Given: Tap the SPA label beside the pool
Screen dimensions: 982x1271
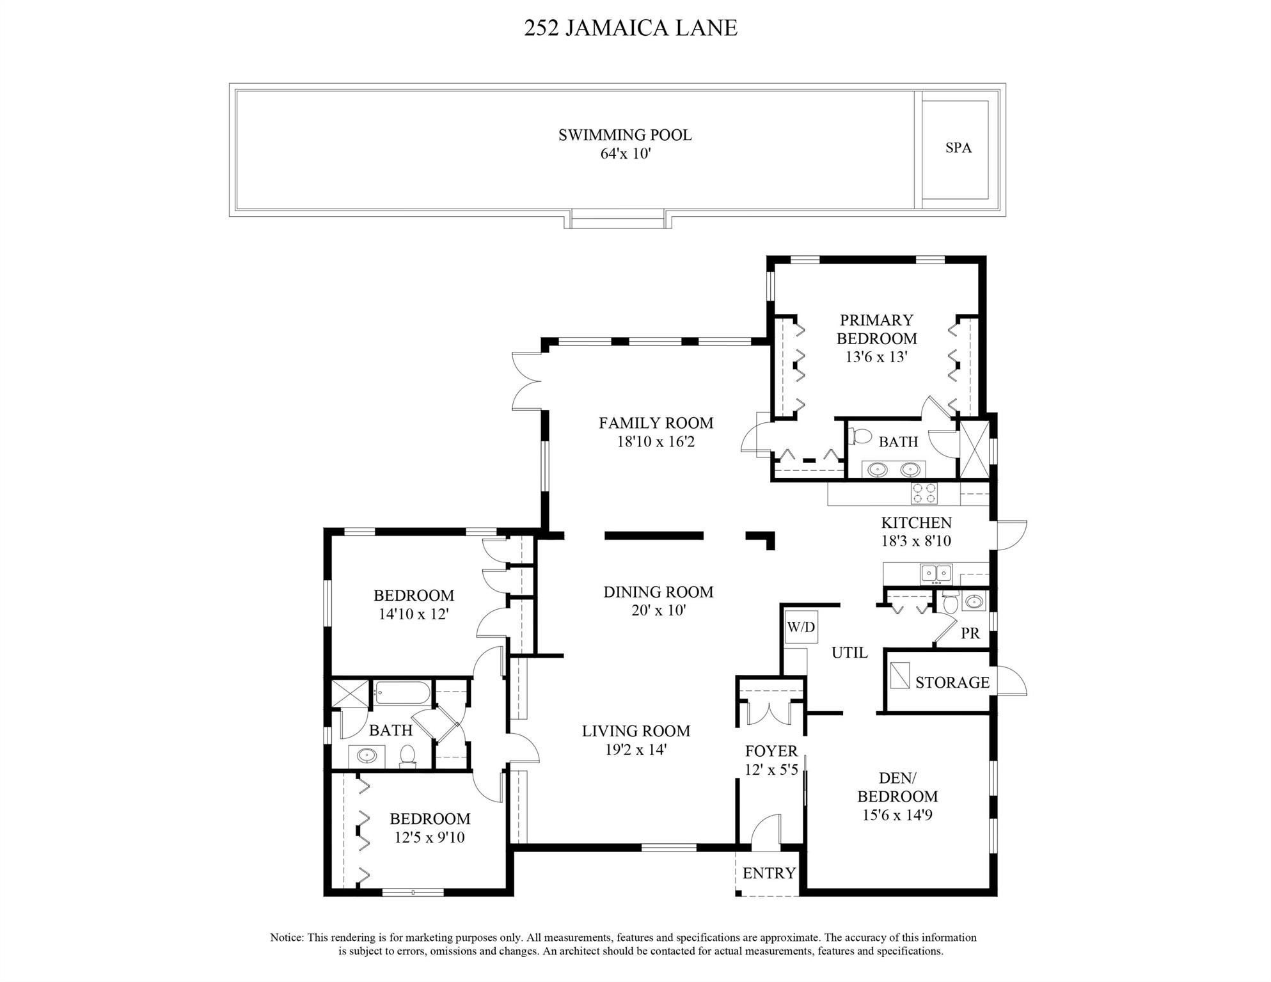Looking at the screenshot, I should [x=958, y=148].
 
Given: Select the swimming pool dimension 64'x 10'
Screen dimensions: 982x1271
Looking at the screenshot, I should [x=625, y=154].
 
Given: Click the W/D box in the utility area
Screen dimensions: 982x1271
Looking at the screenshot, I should [x=801, y=627].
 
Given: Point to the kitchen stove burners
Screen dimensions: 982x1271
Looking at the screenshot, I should [x=924, y=493].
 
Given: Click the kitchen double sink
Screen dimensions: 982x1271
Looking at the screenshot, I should [x=936, y=573].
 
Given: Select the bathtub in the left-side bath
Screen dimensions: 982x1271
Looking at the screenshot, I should [x=402, y=692].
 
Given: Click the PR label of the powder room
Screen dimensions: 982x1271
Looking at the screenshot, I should [x=970, y=633].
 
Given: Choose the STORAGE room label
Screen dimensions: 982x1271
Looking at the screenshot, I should [x=952, y=683].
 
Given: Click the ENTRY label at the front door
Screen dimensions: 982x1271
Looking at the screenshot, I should [x=769, y=873].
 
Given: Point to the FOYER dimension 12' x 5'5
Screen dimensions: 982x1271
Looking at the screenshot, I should [x=771, y=770].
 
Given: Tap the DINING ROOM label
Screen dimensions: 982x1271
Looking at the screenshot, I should [x=658, y=592].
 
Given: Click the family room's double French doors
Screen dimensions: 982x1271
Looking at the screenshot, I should [x=527, y=382].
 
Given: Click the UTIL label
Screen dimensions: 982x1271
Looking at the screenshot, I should [x=849, y=653].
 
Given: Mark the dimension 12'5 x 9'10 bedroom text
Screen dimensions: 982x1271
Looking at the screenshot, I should [x=429, y=837].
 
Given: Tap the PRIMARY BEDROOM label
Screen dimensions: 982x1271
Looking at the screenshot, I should [x=876, y=329].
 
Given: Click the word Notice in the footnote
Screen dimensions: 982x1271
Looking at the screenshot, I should [x=286, y=938].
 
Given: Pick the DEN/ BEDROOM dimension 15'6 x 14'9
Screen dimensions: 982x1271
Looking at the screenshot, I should [x=897, y=816].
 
